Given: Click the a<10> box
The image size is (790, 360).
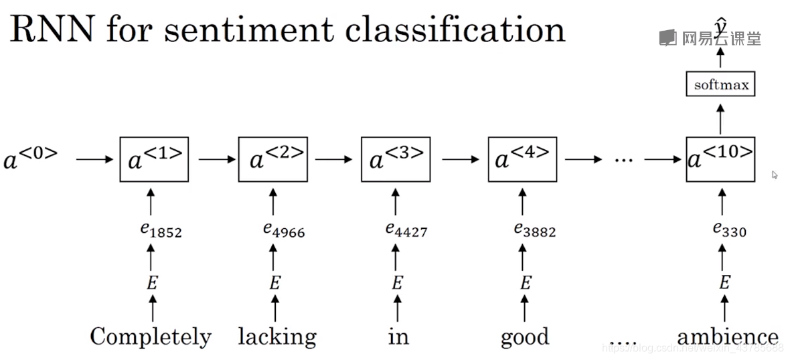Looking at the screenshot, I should (x=720, y=159).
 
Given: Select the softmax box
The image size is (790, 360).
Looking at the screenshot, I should (x=720, y=85).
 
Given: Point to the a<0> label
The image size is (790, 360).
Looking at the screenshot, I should (x=31, y=159).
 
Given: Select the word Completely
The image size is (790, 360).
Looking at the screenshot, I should (x=151, y=337).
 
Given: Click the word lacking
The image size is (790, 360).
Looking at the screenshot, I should (x=277, y=337).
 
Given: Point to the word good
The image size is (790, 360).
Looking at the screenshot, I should (x=525, y=337).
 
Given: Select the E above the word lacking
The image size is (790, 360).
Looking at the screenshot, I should (x=274, y=283).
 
